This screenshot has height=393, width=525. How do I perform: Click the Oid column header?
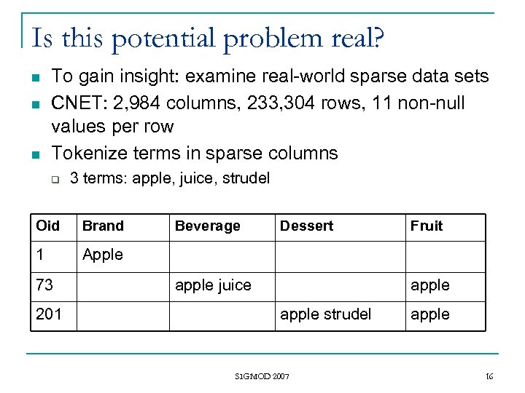[x=48, y=226]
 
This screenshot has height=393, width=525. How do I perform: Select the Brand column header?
[x=103, y=226]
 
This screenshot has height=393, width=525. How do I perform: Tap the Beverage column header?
[x=207, y=226]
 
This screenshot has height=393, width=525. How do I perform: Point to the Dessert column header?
[x=306, y=226]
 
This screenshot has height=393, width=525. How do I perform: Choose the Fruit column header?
[x=427, y=226]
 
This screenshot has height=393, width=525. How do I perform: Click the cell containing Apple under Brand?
[x=103, y=255]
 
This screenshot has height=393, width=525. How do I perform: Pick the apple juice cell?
[x=213, y=285]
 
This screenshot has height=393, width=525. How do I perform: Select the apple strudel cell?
[x=325, y=314]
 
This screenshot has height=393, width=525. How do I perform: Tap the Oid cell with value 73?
[x=44, y=285]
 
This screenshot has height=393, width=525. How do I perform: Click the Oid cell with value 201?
[x=49, y=314]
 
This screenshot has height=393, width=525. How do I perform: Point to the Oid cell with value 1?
[x=41, y=255]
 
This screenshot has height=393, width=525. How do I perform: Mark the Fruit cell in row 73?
[x=430, y=285]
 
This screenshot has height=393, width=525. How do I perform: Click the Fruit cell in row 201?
[x=430, y=314]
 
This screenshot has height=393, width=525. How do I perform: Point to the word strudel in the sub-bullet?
[x=245, y=178]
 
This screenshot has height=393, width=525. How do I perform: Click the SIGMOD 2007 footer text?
[x=262, y=376]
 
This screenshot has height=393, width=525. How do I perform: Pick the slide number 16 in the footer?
[x=489, y=376]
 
